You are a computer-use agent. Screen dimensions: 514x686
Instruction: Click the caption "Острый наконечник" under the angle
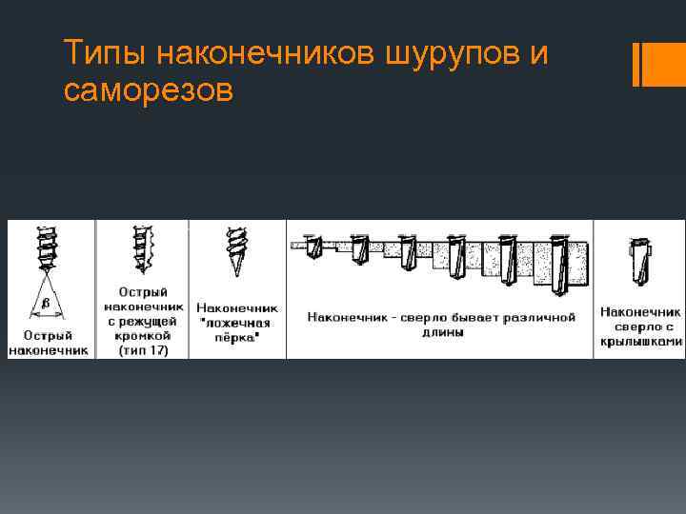pyautogui.click(x=49, y=343)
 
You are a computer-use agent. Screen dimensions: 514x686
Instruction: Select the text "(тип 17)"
pyautogui.click(x=143, y=350)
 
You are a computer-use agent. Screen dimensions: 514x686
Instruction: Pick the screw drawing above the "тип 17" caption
pyautogui.click(x=144, y=250)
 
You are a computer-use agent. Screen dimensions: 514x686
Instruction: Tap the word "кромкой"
pyautogui.click(x=143, y=336)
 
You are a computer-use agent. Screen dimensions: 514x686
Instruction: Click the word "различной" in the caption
pyautogui.click(x=539, y=316)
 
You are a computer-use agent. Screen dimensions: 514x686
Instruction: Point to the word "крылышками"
pyautogui.click(x=639, y=340)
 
